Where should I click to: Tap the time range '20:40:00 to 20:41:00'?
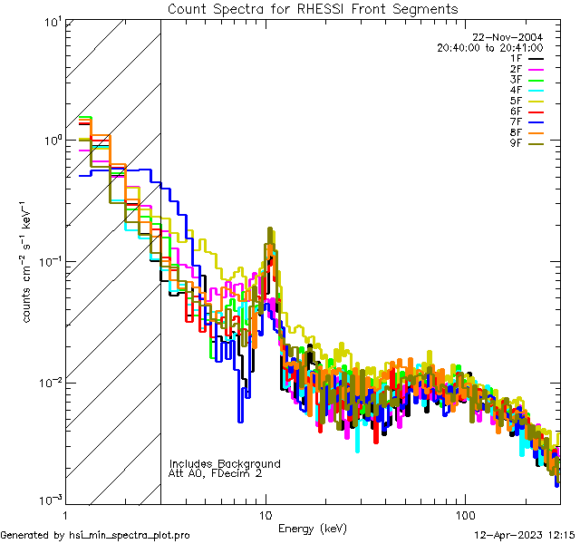[x=489, y=48]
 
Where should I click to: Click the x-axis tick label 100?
[x=465, y=515]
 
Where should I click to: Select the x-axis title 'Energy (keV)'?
[x=312, y=528]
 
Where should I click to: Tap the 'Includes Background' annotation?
[x=225, y=463]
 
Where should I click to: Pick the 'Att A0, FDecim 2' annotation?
[x=216, y=473]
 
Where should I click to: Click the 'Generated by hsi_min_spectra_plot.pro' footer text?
[x=95, y=535]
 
